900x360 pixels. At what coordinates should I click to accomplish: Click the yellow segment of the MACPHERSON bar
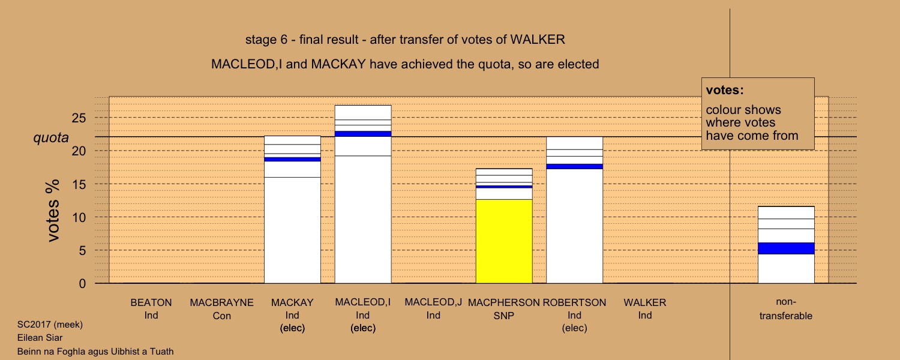pos(504,241)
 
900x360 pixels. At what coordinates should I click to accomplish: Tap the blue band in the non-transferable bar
pos(786,248)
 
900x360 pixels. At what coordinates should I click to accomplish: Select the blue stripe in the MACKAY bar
pos(293,159)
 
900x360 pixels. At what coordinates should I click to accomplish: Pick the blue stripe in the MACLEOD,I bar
pos(363,134)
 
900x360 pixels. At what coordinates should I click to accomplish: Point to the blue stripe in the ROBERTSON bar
pos(575,166)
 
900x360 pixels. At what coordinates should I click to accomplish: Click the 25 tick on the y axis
pos(79,118)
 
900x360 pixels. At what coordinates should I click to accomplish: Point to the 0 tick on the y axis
pos(82,284)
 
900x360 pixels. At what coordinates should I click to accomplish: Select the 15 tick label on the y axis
pos(79,184)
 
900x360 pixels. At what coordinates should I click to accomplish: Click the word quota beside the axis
pos(51,137)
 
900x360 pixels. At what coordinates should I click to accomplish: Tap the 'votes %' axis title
pos(53,211)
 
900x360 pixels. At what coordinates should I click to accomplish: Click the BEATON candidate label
pos(151,302)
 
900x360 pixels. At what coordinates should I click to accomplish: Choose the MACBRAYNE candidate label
pos(222,302)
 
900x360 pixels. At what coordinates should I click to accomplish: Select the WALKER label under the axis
pos(645,302)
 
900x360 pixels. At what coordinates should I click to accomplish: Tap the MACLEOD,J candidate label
pos(434,302)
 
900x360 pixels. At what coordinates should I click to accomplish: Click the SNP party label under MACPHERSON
pos(504,316)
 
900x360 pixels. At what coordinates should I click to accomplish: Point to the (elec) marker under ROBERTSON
pos(575,328)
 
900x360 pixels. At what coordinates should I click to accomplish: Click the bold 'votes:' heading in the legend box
pos(725,90)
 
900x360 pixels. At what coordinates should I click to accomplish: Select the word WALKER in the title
pos(538,40)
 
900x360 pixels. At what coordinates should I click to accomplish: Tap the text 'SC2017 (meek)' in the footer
pos(50,325)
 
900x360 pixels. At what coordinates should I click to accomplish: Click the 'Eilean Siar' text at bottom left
pos(40,337)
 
